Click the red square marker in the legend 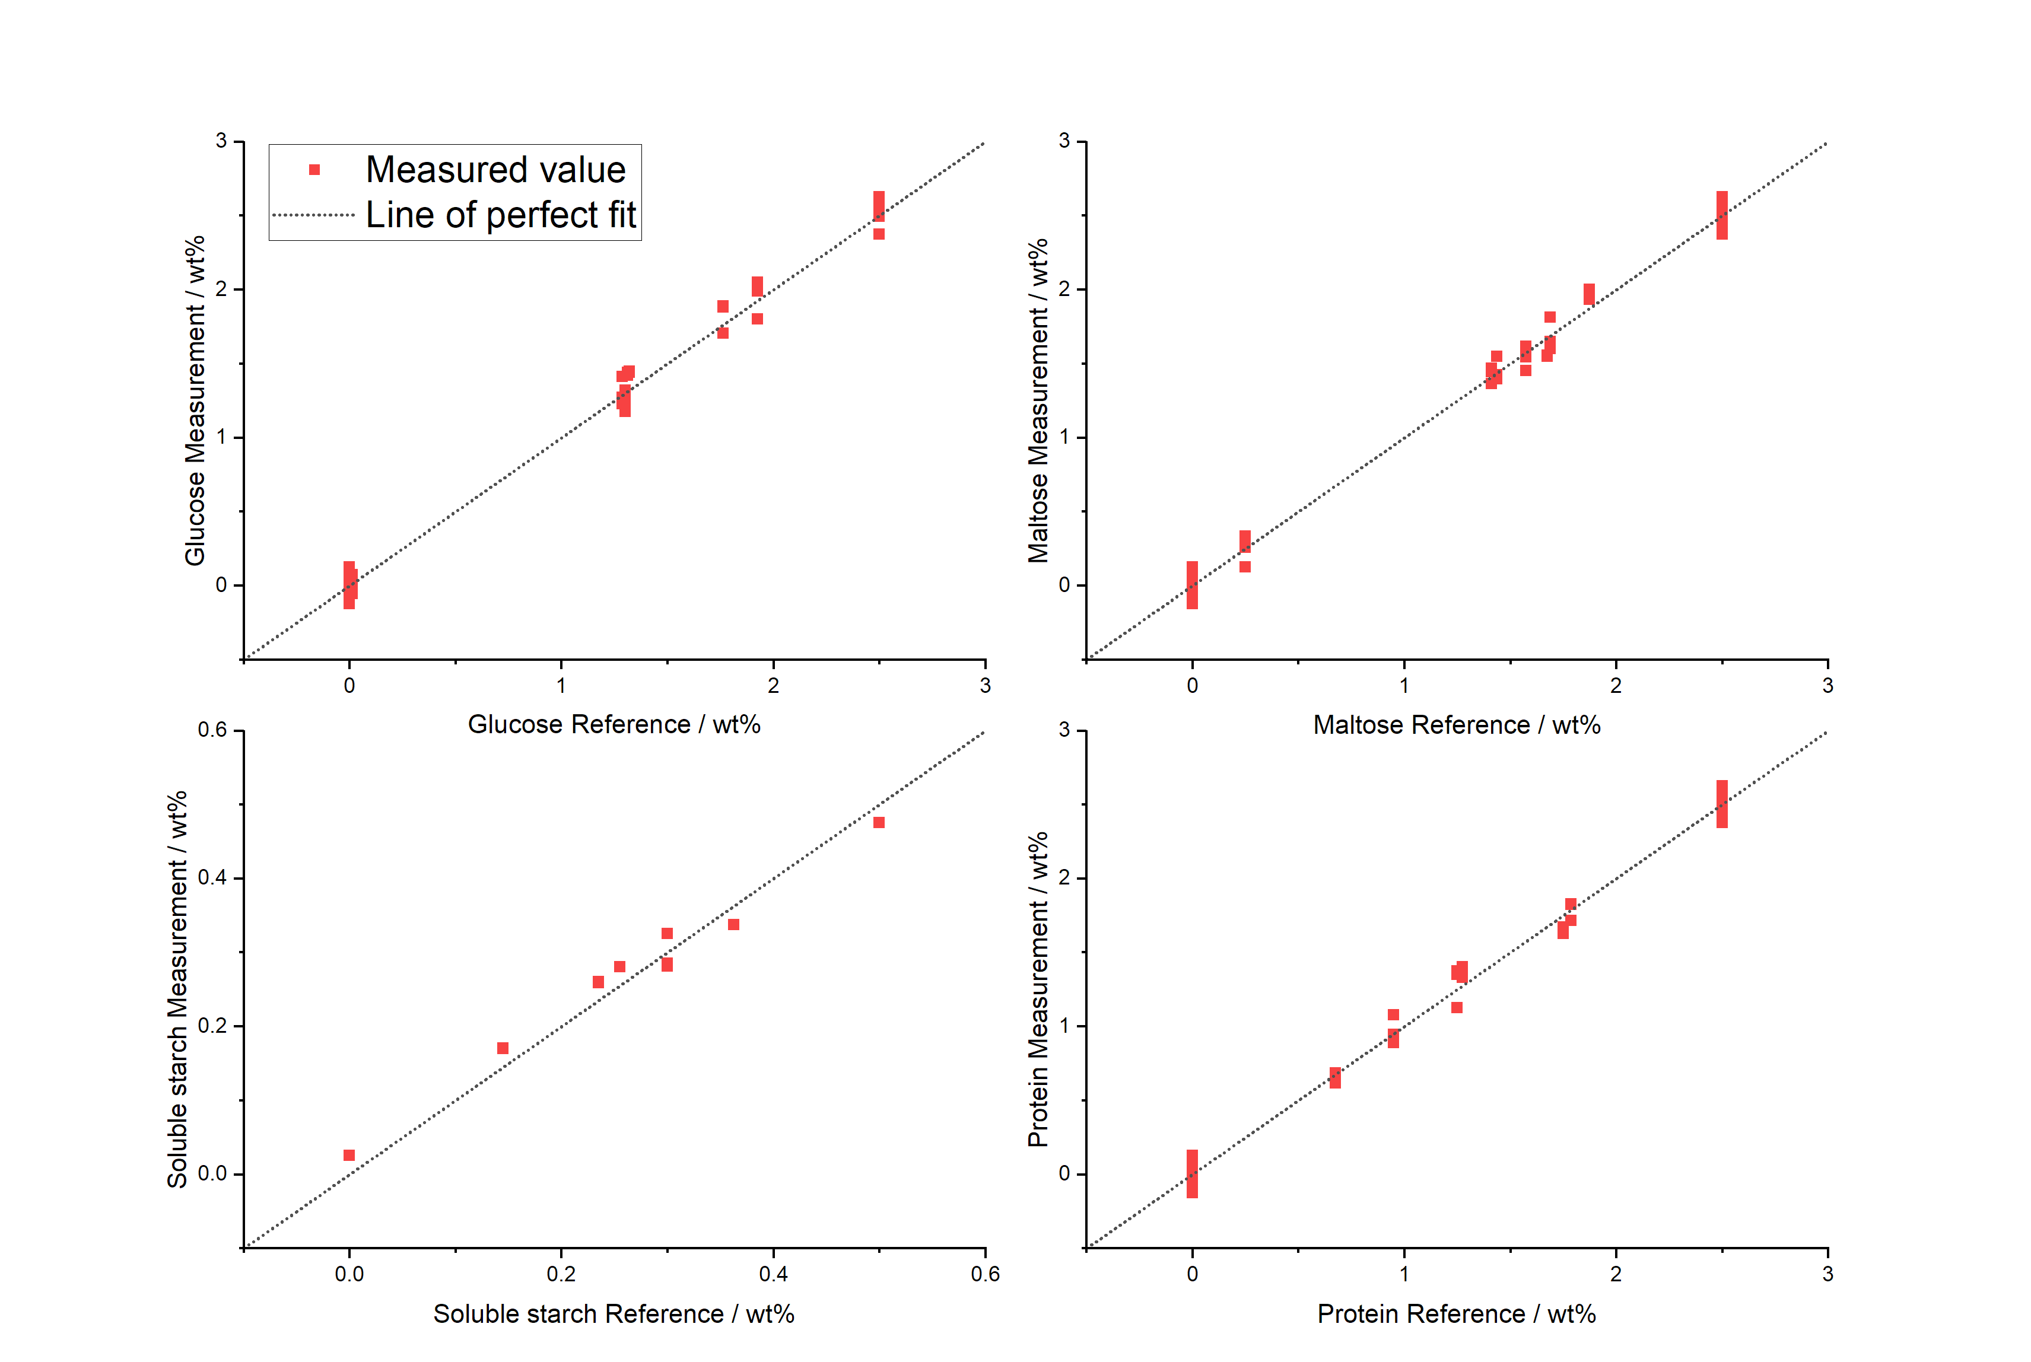[314, 170]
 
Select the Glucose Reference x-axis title [614, 724]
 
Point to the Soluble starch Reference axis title [614, 1314]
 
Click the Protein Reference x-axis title [1456, 1314]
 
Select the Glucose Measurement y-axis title [195, 400]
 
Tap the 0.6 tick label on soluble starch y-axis [212, 730]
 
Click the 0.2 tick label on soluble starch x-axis [561, 1274]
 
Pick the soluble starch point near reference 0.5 [879, 823]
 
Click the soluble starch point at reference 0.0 [349, 1156]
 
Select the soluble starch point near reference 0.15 [503, 1048]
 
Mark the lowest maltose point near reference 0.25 [1245, 567]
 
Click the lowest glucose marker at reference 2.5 [879, 234]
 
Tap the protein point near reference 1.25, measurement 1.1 [1457, 1008]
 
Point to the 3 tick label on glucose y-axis [221, 141]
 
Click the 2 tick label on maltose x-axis [1616, 685]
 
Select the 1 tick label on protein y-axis [1064, 1026]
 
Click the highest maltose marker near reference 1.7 [1550, 317]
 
